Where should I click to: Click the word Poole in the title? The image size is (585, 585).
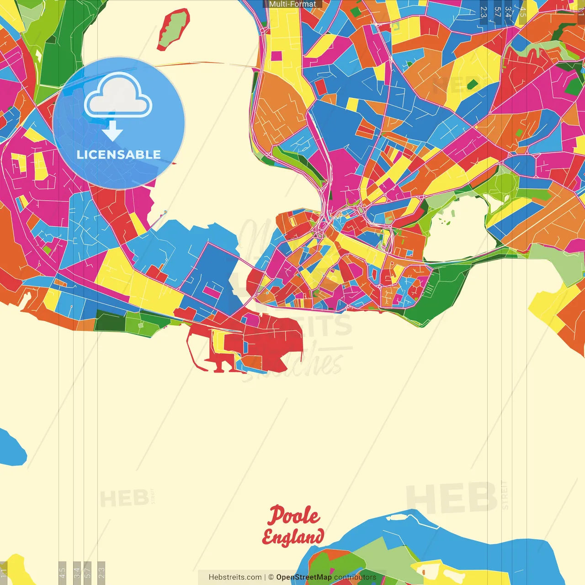coord(294,516)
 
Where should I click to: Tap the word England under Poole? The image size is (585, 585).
coord(293,537)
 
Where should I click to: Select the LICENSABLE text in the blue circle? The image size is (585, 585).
coord(119,154)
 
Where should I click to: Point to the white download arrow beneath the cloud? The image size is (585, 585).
coord(112,131)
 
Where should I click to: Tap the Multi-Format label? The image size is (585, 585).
coord(292,4)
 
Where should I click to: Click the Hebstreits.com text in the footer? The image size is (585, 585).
coord(235,577)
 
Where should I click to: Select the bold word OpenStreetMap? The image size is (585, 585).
coord(304,577)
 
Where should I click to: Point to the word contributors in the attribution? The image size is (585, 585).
coord(355,577)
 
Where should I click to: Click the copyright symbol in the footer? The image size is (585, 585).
coord(271,577)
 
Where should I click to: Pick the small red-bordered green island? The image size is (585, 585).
coord(173,30)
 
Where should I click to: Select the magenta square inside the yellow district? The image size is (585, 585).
coord(277,56)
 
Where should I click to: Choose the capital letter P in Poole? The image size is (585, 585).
coord(275,516)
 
